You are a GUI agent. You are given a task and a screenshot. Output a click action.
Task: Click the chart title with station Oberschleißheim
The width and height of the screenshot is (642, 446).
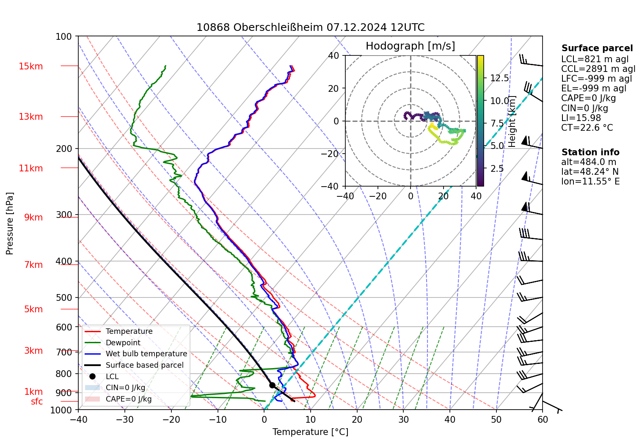(310, 28)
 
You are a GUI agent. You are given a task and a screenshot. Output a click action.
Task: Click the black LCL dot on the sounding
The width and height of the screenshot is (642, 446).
(272, 385)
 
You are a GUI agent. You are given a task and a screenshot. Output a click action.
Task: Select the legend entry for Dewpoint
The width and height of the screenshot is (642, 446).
(123, 343)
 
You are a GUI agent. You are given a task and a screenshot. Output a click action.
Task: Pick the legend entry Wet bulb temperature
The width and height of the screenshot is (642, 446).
(146, 354)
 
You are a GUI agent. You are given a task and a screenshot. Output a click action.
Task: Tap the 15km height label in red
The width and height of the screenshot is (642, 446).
(31, 66)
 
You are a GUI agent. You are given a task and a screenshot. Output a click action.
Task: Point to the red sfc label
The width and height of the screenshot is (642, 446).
(37, 402)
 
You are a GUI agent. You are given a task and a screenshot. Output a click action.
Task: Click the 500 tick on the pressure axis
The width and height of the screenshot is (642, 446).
(64, 297)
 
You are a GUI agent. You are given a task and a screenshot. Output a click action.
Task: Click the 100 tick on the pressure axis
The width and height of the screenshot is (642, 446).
(64, 37)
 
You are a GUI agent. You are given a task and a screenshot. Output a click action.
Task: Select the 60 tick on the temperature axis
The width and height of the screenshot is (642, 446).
(543, 419)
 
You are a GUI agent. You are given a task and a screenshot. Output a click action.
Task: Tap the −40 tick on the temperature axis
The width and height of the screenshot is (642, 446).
(78, 419)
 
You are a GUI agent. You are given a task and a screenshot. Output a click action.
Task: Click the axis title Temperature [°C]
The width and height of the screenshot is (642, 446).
(310, 432)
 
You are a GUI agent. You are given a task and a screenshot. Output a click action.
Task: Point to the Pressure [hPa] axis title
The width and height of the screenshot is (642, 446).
(10, 223)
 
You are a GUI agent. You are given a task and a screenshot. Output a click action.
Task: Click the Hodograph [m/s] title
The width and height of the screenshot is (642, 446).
(410, 46)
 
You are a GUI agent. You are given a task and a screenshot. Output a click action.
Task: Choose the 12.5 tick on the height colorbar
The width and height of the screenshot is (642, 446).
(499, 78)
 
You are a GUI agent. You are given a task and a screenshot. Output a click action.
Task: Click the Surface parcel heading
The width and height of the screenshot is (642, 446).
(597, 48)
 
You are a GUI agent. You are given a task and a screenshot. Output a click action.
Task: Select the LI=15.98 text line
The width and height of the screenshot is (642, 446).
(581, 118)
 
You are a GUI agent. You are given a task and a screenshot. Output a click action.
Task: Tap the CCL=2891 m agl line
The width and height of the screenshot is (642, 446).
(598, 69)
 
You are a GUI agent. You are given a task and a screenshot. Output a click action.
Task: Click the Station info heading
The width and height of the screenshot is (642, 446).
(590, 152)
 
